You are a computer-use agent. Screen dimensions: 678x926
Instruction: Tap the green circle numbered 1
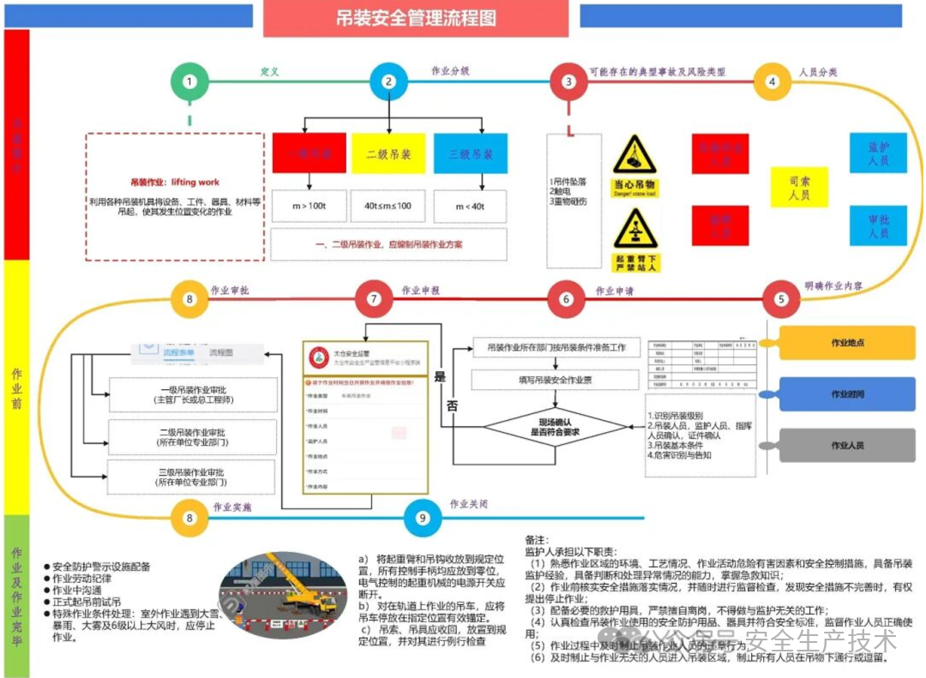tap(189, 81)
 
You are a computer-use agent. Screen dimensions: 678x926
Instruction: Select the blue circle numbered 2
tap(388, 81)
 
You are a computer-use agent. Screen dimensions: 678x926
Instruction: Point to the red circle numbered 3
tap(568, 81)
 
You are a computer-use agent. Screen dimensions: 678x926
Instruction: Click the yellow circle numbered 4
tap(773, 81)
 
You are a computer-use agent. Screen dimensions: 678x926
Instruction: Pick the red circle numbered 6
tap(566, 299)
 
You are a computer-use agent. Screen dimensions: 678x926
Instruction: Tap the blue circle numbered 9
tap(422, 518)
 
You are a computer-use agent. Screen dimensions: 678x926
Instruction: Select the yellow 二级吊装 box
tap(388, 154)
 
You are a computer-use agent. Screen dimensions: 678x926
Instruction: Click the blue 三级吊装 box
tap(471, 154)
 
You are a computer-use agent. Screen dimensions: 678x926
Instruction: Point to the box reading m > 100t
tap(307, 206)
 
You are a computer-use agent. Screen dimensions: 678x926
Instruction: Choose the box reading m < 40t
tap(471, 206)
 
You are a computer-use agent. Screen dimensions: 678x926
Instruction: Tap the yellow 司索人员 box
tap(799, 188)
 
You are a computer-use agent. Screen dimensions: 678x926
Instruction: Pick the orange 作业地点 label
tap(846, 343)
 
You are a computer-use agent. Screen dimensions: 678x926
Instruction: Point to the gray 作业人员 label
tap(846, 446)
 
